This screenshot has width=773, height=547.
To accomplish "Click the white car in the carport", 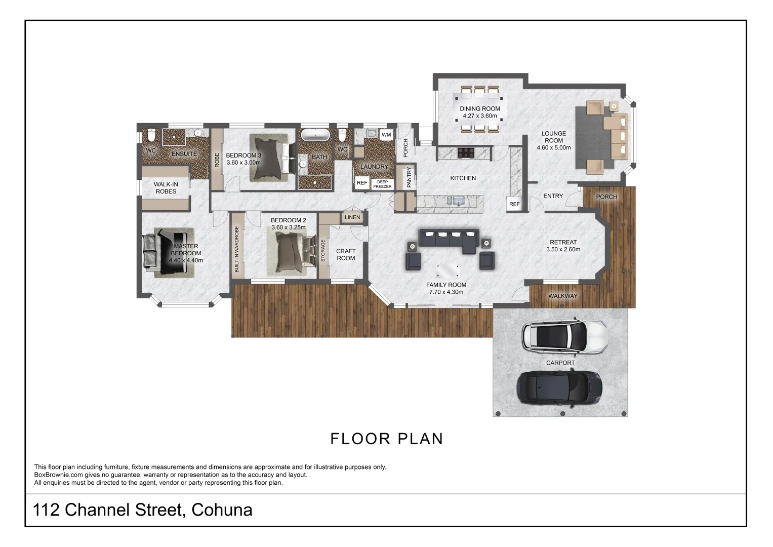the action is (x=565, y=337).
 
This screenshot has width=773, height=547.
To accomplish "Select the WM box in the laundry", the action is (x=386, y=135).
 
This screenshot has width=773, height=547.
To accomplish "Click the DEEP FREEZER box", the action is (x=382, y=184).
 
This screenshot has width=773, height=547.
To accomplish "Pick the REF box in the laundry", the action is (x=362, y=183).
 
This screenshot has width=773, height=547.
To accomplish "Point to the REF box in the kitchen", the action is (x=514, y=204).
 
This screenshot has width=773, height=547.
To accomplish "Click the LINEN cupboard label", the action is (x=352, y=217).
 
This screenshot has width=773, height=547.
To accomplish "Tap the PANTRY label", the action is (x=409, y=177).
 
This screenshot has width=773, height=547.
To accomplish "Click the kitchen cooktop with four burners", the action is (x=466, y=152).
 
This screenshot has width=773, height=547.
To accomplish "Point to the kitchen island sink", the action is (x=456, y=201).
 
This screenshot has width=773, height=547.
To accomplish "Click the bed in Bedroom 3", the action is (x=271, y=158).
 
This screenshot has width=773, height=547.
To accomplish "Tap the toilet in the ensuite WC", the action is (x=151, y=135).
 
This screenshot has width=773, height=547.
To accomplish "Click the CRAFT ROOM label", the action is (x=346, y=254).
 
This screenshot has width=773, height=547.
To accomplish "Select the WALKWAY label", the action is (x=563, y=296).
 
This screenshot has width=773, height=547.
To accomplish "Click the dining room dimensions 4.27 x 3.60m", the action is (x=480, y=116).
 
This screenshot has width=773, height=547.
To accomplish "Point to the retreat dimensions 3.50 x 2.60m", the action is (x=563, y=249).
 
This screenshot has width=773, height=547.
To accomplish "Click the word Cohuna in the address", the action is (x=222, y=510).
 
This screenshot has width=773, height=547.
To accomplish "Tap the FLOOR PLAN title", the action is (x=387, y=439).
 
